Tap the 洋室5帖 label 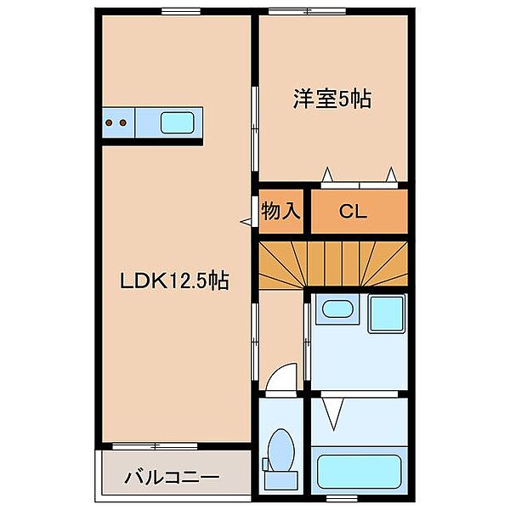(x=331, y=99)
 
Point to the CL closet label (x=353, y=212)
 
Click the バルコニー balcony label (x=174, y=477)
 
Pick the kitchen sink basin (x=177, y=123)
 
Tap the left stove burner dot (x=110, y=123)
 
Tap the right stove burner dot (x=123, y=123)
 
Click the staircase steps (x=331, y=264)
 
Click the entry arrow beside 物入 (x=247, y=222)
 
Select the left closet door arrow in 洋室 (x=326, y=174)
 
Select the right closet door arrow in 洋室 (x=391, y=174)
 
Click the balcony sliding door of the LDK (x=155, y=445)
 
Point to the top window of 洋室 (x=308, y=11)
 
